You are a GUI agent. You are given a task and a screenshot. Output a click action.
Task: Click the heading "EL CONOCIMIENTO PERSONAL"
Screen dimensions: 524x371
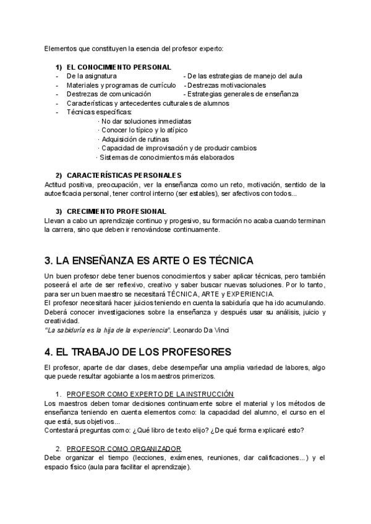click(119, 67)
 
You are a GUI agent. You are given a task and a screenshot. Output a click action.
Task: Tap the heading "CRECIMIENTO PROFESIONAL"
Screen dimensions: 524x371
click(116, 211)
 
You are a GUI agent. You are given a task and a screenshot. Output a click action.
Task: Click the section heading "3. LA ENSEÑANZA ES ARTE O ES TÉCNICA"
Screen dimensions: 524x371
click(149, 260)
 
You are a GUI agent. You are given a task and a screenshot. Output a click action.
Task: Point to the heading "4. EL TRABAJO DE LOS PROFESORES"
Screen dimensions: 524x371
click(137, 352)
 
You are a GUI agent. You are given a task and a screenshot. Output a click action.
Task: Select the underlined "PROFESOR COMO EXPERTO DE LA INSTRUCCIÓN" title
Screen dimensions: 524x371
click(150, 394)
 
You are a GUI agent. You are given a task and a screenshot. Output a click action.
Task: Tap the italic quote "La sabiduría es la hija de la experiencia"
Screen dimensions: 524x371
click(108, 330)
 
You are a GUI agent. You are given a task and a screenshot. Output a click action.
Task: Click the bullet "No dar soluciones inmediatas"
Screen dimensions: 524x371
click(146, 121)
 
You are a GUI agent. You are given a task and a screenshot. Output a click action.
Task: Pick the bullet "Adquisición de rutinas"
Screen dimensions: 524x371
click(135, 139)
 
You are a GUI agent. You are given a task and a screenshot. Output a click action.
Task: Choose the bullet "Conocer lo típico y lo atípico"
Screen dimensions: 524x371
click(144, 130)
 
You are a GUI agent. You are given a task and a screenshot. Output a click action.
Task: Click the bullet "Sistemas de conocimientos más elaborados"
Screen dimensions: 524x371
click(165, 157)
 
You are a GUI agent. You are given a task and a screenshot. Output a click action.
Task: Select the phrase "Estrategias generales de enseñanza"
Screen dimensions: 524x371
click(242, 94)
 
